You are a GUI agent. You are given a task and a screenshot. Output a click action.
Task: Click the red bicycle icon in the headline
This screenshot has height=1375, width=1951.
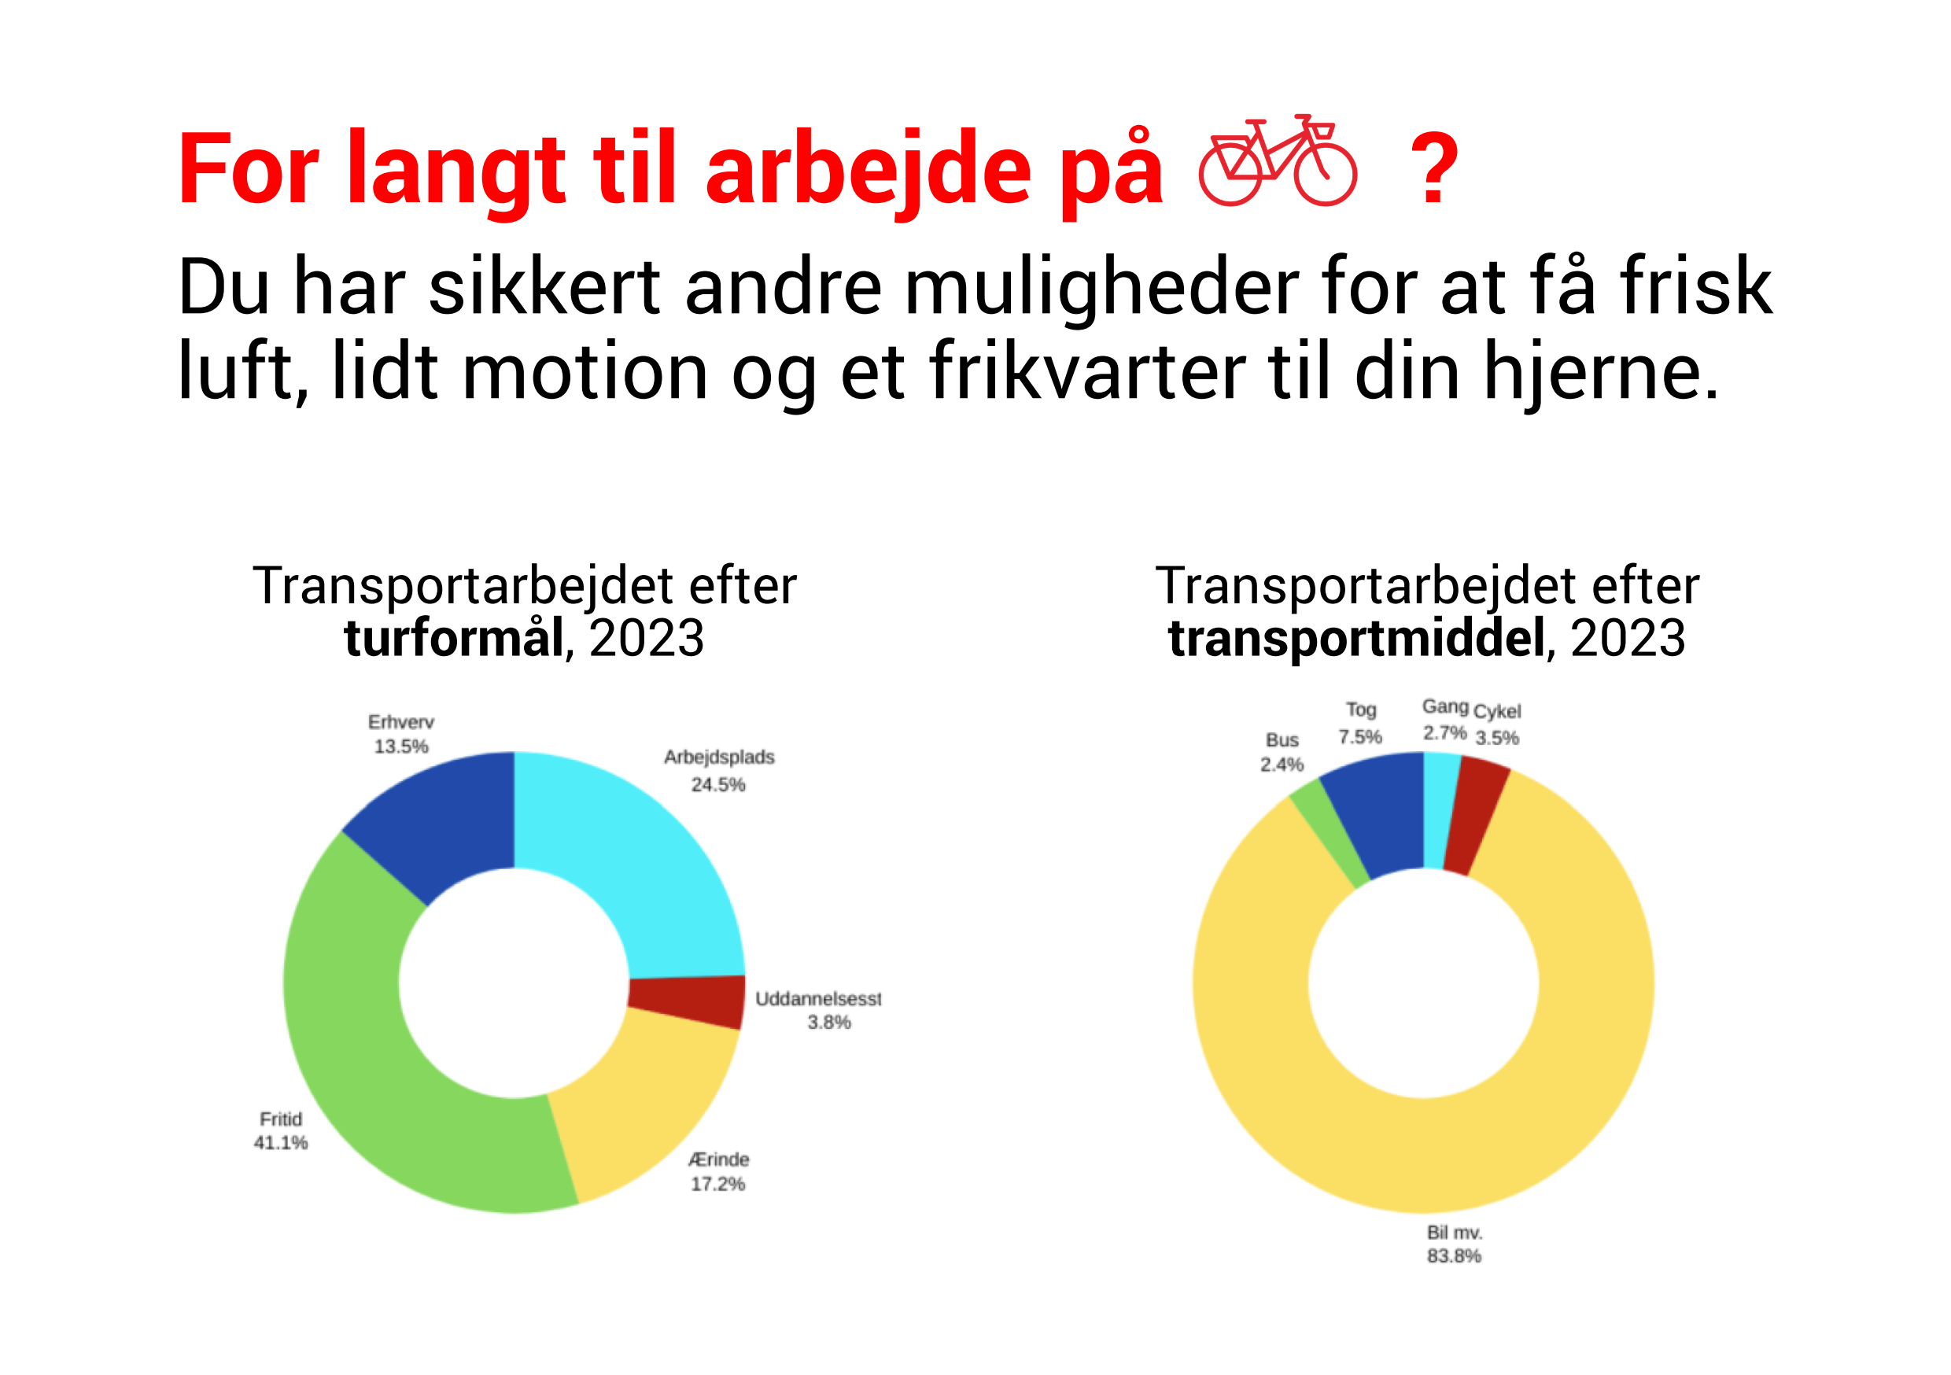click(1277, 160)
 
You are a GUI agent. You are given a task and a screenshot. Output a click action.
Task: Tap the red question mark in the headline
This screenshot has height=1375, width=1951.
click(1434, 169)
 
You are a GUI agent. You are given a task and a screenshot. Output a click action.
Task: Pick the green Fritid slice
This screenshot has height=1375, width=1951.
click(365, 1062)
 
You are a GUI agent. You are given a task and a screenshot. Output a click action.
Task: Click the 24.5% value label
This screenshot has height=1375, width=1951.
click(718, 784)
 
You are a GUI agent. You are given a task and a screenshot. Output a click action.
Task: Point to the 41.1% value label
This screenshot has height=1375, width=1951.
click(280, 1143)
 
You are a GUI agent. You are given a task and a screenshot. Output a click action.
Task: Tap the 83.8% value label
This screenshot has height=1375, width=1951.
click(1454, 1256)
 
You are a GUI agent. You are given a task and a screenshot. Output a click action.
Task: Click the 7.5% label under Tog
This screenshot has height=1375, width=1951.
click(1360, 737)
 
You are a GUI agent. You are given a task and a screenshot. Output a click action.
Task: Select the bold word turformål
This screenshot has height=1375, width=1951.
click(454, 639)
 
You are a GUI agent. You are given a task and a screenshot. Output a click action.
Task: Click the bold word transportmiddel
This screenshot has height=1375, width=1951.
click(1356, 638)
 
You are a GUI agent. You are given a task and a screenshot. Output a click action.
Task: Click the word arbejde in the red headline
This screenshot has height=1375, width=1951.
click(869, 169)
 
